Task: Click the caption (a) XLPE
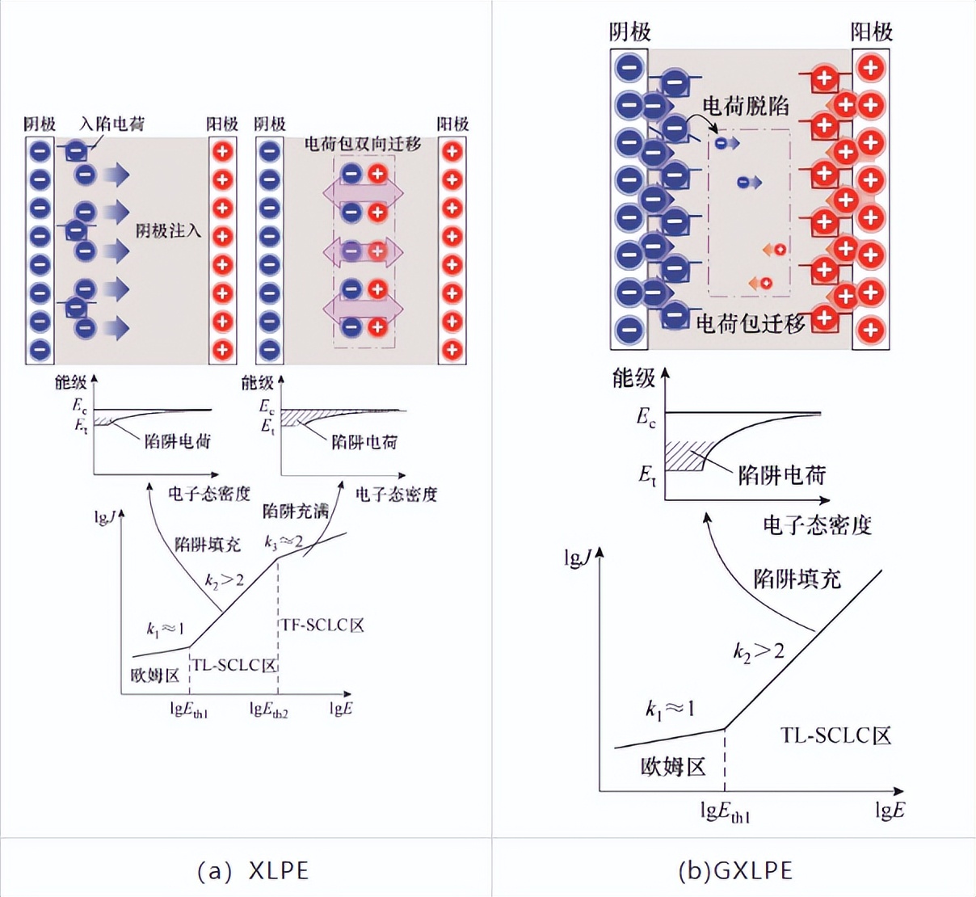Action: click(x=253, y=870)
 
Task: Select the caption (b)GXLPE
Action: click(x=734, y=870)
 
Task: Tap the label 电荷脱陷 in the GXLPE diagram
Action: click(x=745, y=106)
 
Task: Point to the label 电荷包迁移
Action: click(x=751, y=324)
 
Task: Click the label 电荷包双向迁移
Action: click(x=363, y=144)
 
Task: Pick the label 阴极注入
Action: click(x=168, y=231)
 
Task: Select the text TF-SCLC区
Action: click(x=322, y=625)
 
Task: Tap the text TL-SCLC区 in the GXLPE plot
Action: click(x=835, y=735)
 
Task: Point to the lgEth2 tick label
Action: click(x=269, y=710)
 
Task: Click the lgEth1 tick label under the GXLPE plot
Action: click(x=725, y=812)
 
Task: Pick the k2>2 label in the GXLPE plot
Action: click(x=758, y=651)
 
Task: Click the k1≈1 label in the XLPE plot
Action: click(x=165, y=629)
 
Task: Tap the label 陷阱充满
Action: click(x=296, y=511)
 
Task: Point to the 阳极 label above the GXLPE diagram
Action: click(x=871, y=32)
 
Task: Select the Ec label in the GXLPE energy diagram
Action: click(x=646, y=418)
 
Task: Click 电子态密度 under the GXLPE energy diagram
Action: click(x=817, y=525)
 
